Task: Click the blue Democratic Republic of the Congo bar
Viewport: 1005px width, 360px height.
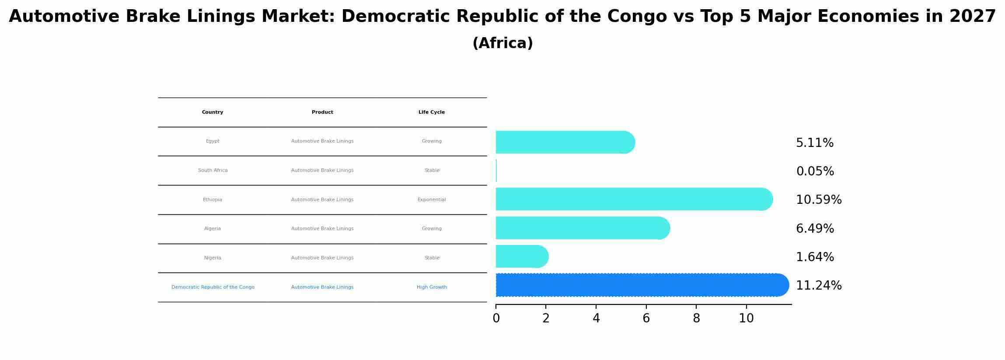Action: [642, 285]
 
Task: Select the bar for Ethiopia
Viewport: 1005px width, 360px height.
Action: [634, 199]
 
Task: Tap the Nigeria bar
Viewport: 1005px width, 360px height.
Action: [522, 256]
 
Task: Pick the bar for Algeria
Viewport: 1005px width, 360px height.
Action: [582, 228]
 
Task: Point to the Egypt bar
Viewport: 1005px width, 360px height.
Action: [565, 142]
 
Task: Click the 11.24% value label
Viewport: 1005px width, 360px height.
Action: [818, 286]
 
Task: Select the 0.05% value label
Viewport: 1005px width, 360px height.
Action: [815, 171]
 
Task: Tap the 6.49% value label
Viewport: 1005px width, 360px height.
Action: [815, 229]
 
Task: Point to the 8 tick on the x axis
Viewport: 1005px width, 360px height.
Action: [696, 318]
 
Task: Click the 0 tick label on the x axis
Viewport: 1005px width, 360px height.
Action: [496, 318]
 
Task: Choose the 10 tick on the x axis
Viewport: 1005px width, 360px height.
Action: [746, 318]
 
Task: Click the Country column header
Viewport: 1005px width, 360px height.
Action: [213, 112]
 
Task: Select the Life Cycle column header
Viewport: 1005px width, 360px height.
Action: [431, 112]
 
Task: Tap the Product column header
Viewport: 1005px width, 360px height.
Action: [322, 112]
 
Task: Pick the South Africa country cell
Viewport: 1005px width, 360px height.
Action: [213, 171]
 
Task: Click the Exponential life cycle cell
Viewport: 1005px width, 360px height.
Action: [431, 200]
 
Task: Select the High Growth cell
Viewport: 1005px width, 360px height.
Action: [431, 287]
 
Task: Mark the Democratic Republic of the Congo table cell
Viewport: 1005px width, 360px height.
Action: [213, 287]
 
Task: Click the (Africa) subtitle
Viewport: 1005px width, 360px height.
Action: [502, 43]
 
